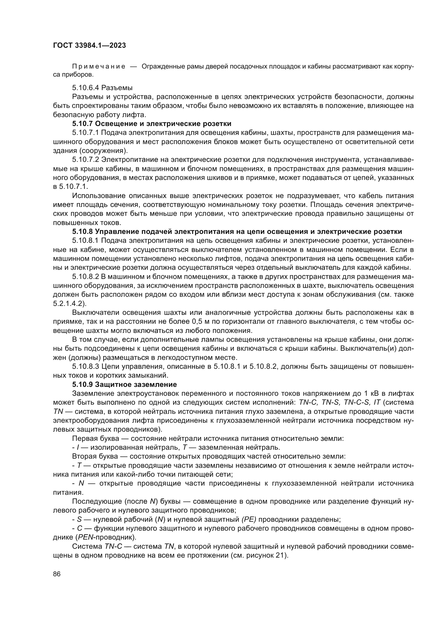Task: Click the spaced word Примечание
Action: [99, 67]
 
